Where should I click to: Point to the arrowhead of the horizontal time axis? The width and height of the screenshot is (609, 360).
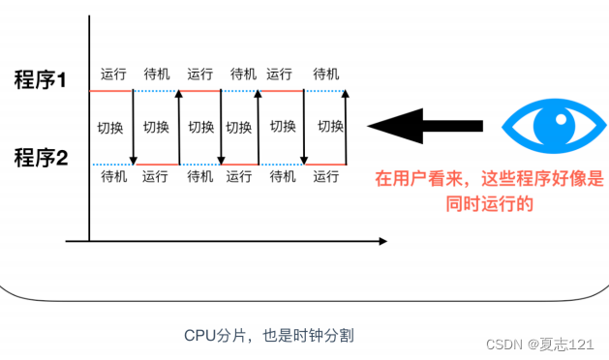(382, 240)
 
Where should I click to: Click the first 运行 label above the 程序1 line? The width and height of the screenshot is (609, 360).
(113, 74)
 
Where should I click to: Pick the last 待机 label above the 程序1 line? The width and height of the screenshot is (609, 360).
(327, 74)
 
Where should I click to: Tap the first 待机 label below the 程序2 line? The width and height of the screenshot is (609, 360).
(113, 176)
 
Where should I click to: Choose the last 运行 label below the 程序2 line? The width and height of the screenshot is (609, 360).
(327, 176)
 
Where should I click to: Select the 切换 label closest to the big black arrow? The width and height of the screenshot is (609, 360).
(331, 126)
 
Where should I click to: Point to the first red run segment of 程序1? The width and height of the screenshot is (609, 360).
(111, 91)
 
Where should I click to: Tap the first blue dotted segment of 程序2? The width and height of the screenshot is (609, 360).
(111, 165)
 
